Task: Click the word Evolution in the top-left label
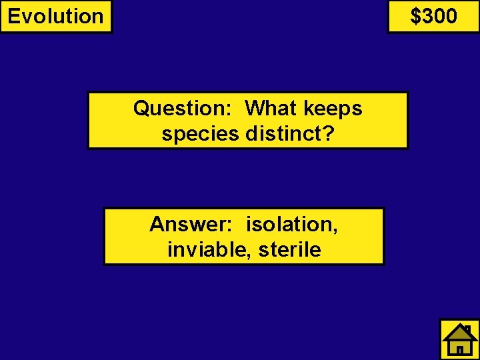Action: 56,16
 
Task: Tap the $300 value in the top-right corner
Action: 433,16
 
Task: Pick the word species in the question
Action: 199,134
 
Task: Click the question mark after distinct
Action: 328,133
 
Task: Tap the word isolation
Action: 289,224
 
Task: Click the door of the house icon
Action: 459,349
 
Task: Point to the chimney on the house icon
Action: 469,329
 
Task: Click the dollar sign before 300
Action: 415,16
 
